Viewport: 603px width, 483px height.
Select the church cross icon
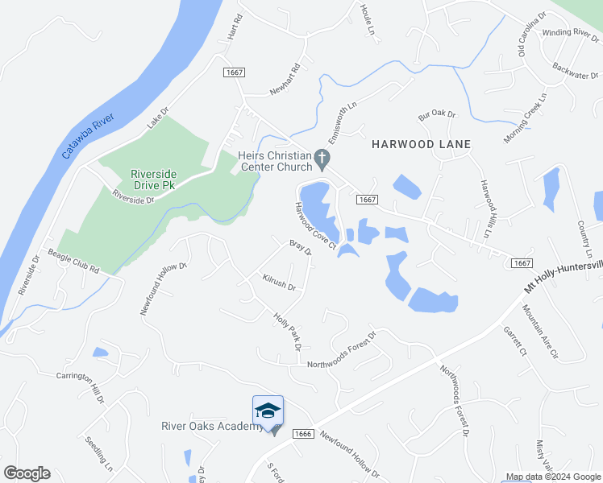(322, 158)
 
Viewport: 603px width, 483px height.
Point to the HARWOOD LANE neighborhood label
(421, 143)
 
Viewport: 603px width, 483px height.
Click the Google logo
(27, 473)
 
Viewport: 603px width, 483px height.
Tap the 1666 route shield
(301, 433)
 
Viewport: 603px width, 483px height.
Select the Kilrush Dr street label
(280, 283)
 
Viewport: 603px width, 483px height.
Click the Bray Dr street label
(301, 247)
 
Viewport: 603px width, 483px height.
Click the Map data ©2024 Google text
(552, 477)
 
